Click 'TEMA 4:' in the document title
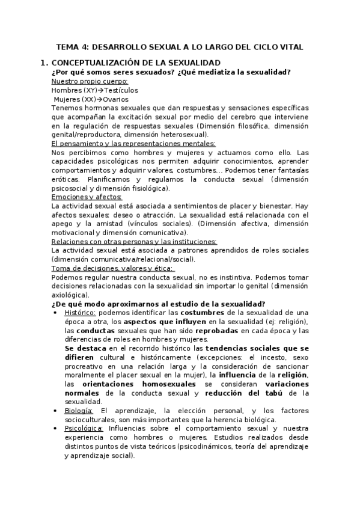pos(72,46)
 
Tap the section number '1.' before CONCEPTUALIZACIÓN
pos(43,63)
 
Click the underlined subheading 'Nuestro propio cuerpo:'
pos(90,81)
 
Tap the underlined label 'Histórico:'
pos(79,313)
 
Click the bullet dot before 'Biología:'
pos(55,411)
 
